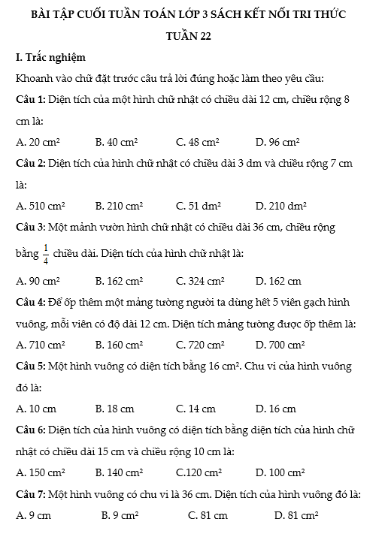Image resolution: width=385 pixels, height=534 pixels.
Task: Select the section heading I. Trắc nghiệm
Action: coord(50,57)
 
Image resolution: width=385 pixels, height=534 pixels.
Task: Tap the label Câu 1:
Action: coord(32,99)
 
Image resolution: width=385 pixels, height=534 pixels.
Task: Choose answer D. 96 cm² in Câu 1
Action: coord(277,141)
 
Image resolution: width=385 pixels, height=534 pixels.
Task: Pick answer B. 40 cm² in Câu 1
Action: coord(117,141)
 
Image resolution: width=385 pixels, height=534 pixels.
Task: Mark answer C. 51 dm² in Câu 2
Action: coord(198,204)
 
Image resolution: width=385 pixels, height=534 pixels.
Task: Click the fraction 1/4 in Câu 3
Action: coord(45,254)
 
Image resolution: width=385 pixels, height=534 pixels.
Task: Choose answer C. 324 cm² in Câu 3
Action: coord(200,282)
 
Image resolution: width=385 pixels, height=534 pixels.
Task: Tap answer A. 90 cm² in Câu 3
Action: coord(38,282)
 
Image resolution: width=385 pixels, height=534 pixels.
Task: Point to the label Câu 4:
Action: coord(32,302)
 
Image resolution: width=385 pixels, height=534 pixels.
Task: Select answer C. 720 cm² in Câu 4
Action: coord(200,345)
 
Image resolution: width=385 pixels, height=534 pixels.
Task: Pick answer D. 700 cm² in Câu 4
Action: coord(280,345)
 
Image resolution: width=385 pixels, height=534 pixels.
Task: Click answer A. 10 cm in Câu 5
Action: coord(35,409)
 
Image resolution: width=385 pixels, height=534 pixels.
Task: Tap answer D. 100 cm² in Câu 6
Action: coord(280,472)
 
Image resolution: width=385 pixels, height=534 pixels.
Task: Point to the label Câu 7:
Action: coord(32,493)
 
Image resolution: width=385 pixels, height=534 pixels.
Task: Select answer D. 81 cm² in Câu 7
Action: coord(296,515)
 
